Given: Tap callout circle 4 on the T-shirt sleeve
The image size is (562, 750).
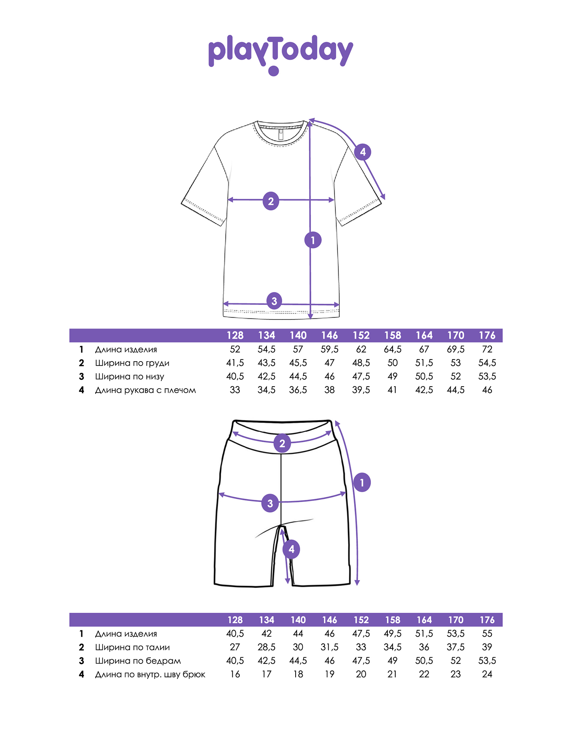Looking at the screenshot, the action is click(363, 152).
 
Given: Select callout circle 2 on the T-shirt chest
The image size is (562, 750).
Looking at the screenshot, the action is click(271, 201).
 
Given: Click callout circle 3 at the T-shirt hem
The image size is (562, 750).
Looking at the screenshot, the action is click(274, 301).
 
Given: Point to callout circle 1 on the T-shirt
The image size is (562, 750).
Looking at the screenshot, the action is click(313, 240).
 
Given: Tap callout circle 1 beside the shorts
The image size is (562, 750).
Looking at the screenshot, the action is click(362, 483).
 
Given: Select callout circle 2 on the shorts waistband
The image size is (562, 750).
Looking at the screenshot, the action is click(282, 443).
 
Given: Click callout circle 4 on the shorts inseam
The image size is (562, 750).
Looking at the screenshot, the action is click(291, 549).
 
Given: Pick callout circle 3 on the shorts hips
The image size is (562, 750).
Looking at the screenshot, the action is click(270, 503).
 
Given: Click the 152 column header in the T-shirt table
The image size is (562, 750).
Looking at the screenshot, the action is click(361, 335).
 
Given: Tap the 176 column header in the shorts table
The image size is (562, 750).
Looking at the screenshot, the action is click(487, 620).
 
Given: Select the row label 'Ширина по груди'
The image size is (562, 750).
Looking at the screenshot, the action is click(132, 363).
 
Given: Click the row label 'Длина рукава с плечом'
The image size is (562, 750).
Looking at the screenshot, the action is click(145, 390).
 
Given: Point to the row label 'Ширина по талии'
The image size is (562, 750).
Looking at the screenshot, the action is click(132, 647).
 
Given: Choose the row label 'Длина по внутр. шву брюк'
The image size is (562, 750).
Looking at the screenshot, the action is click(150, 674).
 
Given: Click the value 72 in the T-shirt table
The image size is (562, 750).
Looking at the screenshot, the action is click(487, 349).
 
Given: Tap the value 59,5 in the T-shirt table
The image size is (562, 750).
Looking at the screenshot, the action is click(329, 349).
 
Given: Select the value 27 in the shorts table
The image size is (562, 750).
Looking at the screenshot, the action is click(235, 647).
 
